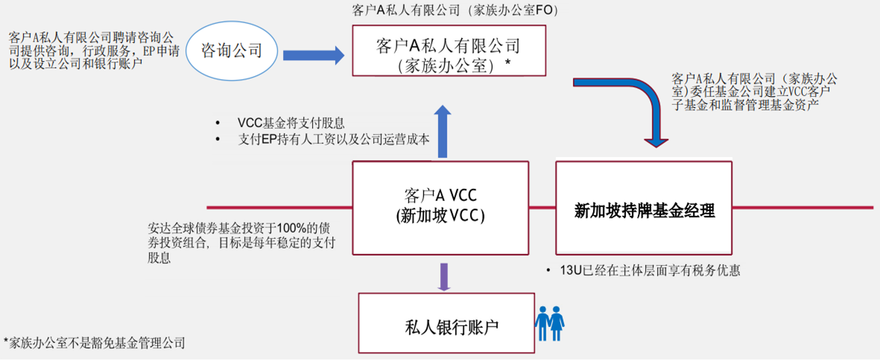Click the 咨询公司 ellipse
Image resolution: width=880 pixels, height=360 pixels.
pos(232,51)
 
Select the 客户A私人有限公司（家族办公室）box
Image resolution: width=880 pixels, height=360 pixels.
pos(449,51)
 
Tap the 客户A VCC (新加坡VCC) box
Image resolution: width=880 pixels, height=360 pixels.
pos(441,207)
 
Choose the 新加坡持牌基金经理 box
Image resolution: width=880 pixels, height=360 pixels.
pos(644,208)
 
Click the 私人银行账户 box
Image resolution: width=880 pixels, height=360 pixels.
pos(446,323)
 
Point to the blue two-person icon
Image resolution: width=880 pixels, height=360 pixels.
pos(549,323)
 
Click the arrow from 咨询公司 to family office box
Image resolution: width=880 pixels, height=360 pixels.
pos(313,55)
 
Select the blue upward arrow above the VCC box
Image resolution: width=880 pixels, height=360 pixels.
pos(442,132)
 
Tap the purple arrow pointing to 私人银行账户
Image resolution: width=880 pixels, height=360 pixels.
pos(443,276)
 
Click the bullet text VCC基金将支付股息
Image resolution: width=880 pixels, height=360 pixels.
pos(290,123)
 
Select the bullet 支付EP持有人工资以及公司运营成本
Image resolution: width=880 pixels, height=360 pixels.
pos(333,140)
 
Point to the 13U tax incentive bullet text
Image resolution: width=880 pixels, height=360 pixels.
pos(650,271)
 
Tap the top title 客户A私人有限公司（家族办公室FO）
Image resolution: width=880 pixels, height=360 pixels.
pos(455,10)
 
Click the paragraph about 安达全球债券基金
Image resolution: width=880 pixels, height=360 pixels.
pos(241,243)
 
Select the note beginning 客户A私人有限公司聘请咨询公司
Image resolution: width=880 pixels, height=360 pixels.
pos(94,50)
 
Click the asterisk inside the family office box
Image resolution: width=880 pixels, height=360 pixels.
pos(508,64)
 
